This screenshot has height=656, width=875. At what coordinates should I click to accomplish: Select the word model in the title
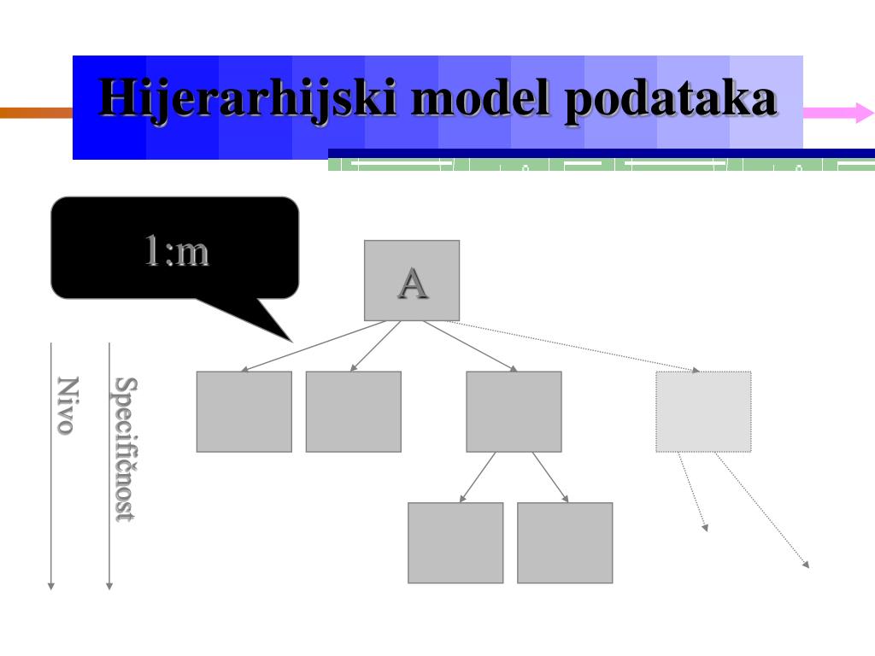(481, 97)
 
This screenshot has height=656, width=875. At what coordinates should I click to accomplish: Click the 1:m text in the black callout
(176, 250)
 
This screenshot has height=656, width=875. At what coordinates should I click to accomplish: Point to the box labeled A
(412, 280)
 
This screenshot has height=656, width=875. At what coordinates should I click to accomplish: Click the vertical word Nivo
(68, 406)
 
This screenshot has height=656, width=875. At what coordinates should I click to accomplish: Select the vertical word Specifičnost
(126, 449)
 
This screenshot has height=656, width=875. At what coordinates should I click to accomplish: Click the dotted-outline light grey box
(703, 412)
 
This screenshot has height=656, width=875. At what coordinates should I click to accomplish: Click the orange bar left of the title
(36, 113)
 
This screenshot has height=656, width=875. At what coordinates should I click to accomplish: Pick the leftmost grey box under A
(244, 412)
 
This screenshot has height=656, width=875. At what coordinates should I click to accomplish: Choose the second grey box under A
(353, 412)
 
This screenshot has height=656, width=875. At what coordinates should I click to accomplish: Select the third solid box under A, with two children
(514, 412)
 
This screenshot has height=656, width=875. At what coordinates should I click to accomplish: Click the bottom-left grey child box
(455, 542)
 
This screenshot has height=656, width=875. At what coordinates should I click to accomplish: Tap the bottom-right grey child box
(565, 542)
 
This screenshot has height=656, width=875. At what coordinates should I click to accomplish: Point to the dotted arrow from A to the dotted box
(573, 346)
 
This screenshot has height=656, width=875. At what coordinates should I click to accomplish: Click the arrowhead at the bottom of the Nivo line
(50, 586)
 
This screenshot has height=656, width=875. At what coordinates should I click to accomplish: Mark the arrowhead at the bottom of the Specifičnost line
(109, 586)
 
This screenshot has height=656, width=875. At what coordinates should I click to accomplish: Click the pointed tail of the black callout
(291, 341)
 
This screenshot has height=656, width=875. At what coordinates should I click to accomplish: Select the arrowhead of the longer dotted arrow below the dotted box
(807, 565)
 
